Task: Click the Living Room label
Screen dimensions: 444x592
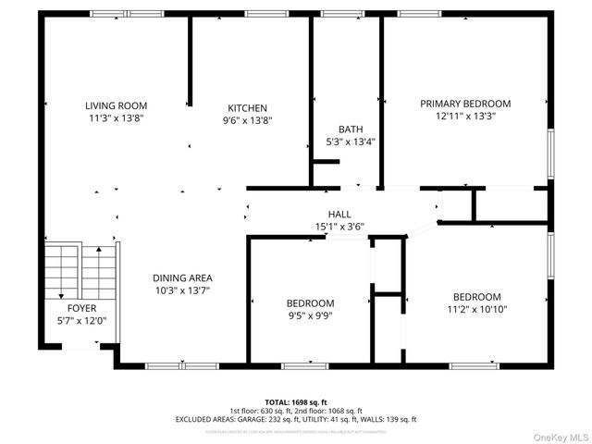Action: (117, 105)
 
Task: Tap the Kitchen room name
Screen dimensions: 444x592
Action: (248, 107)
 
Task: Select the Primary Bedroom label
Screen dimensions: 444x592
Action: (465, 104)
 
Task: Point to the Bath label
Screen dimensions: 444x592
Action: (351, 129)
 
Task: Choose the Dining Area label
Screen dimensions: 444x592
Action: (183, 277)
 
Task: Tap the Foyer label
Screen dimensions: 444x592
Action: (81, 308)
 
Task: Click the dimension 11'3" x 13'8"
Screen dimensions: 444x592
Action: (117, 118)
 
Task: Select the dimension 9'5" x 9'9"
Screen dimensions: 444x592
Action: (310, 315)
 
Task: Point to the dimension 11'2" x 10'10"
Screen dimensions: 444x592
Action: (476, 309)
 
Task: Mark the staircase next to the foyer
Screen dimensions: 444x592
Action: (80, 269)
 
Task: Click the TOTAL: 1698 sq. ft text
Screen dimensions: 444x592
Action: (295, 401)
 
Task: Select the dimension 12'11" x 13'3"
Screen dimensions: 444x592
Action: (465, 117)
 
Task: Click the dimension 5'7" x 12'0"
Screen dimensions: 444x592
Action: (81, 321)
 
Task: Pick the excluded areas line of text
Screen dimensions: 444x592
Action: (295, 419)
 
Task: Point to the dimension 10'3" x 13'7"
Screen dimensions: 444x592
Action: (183, 290)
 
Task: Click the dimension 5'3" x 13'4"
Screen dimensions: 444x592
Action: (351, 142)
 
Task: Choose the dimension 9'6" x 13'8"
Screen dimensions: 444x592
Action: (248, 119)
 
